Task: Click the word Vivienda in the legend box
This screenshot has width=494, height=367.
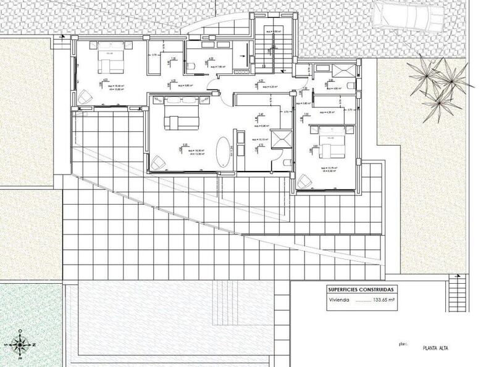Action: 338,301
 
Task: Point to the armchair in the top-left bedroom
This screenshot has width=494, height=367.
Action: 85,96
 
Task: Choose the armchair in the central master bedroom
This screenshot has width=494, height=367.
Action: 159,162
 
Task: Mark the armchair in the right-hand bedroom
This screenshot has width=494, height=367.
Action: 304,181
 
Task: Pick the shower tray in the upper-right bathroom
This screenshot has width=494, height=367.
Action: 322,70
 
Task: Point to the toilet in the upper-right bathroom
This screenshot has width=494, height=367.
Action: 350,85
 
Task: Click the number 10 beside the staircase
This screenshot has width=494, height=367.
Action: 264,66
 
